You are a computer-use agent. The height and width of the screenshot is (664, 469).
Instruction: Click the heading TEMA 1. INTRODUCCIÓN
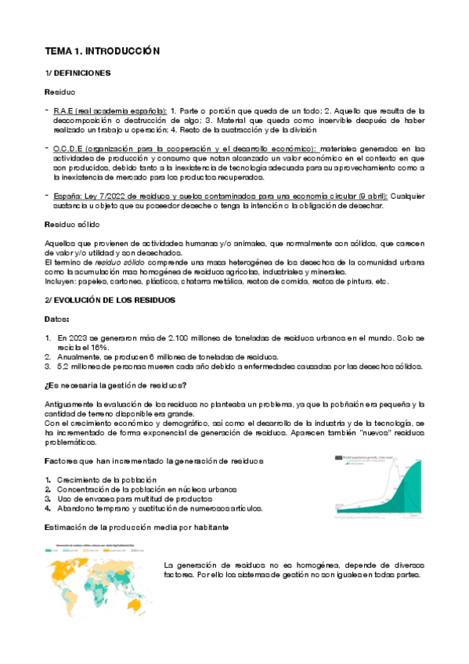pyautogui.click(x=102, y=51)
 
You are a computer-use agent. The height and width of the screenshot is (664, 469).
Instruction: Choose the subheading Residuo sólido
pyautogui.click(x=73, y=224)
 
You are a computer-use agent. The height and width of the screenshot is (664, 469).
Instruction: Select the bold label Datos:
pyautogui.click(x=57, y=319)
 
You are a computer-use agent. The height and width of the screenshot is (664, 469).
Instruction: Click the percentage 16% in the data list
pyautogui.click(x=98, y=347)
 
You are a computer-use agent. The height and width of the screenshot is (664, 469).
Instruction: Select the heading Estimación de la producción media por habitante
pyautogui.click(x=137, y=527)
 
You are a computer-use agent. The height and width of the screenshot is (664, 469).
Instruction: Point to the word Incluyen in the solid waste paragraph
pyautogui.click(x=61, y=281)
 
